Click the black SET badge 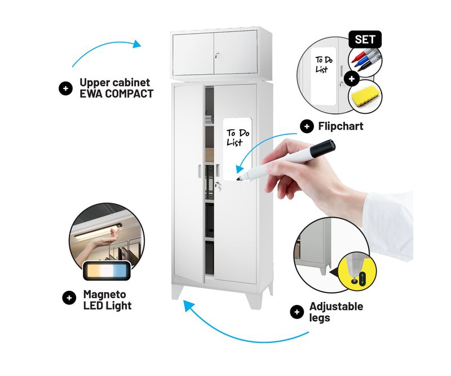365,39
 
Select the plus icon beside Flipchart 307,126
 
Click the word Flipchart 341,126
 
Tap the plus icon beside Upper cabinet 65,89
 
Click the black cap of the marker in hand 322,148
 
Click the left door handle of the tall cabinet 199,171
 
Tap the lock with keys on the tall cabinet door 218,186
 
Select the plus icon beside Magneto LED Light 69,298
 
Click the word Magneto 105,294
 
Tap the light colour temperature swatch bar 107,271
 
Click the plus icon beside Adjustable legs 297,312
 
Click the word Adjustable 336,306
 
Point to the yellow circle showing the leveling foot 357,272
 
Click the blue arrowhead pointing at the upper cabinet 136,44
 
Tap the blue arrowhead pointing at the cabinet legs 189,306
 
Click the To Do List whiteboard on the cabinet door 237,149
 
